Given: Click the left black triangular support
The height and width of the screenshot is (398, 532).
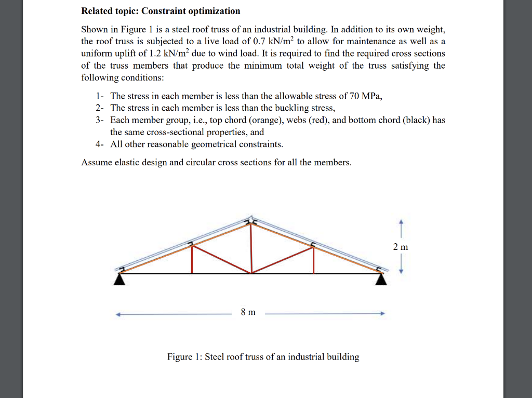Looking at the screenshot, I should [x=120, y=280].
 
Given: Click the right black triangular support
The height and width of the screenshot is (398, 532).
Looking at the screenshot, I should [x=382, y=280].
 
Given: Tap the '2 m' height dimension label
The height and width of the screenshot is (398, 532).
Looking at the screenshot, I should [x=401, y=247].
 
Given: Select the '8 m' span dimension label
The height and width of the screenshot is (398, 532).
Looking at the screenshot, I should [x=248, y=312].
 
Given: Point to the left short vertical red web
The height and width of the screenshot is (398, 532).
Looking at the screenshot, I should [x=192, y=259].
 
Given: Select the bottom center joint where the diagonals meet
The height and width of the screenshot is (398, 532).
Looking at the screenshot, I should [x=252, y=273].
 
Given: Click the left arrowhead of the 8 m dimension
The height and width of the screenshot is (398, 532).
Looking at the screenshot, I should [x=118, y=313].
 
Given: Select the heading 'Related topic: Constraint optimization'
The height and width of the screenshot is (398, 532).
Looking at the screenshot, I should [x=161, y=11].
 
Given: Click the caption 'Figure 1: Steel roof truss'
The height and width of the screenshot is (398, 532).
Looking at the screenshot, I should [x=263, y=357].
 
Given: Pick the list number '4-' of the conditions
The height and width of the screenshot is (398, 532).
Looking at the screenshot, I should [x=100, y=144].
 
